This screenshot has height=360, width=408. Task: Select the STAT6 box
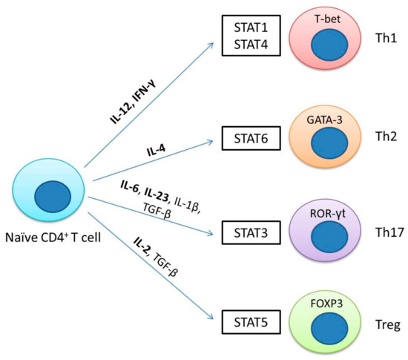tap(245, 136)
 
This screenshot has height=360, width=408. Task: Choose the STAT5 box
tap(245, 322)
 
